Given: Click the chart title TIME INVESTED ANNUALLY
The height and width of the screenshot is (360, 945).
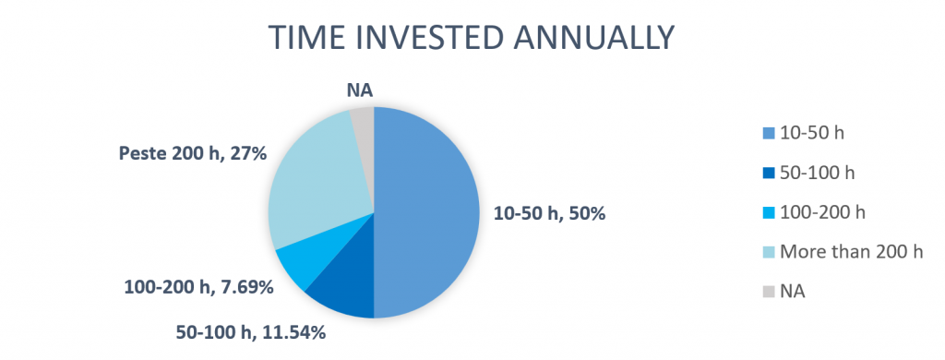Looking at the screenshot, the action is (472, 38).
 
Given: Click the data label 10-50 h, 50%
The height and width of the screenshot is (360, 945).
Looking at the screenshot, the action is (550, 213).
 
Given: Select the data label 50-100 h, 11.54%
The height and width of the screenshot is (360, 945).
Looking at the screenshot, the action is (251, 332).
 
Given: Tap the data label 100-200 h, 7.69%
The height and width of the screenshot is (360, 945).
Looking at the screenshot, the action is (199, 287).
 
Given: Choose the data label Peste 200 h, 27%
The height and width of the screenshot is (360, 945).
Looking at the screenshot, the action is (193, 154).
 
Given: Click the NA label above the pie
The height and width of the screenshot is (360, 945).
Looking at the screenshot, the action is (360, 90).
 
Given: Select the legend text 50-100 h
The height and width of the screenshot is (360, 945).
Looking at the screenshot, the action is (818, 173).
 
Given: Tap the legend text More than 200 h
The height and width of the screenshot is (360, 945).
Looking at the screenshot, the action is (851, 251).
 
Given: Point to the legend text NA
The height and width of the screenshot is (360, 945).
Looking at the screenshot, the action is (793, 292).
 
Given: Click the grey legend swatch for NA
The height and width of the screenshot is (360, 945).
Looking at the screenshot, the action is (769, 292).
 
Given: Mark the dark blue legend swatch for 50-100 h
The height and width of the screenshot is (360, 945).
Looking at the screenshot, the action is (769, 173).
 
